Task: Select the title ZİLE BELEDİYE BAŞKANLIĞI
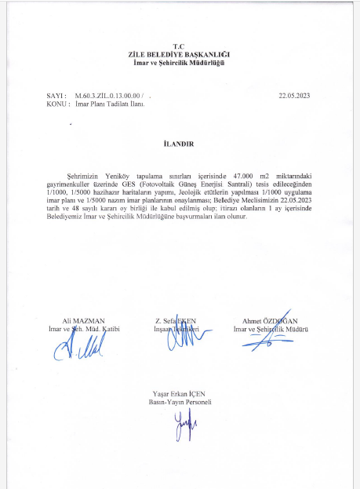coord(180,54)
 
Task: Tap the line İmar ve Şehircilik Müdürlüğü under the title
coord(180,62)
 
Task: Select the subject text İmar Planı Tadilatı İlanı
coord(111,103)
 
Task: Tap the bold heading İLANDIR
coord(179,144)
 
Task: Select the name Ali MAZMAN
coord(82,321)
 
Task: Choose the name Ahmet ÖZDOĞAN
coord(271,321)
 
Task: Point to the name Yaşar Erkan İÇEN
coord(180,393)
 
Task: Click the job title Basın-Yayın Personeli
coord(180,401)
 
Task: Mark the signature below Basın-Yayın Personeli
coord(182,428)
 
